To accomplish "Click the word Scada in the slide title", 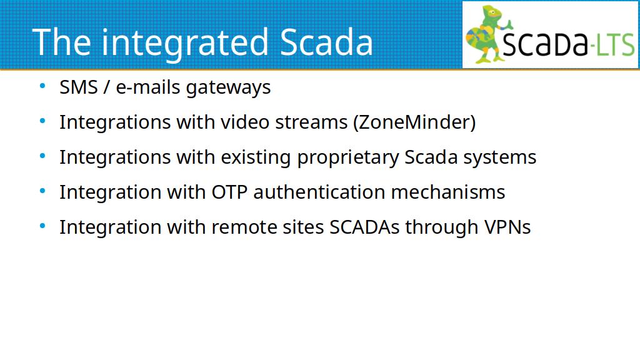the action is [326, 42].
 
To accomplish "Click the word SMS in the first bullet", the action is [79, 87].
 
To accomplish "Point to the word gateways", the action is [228, 88].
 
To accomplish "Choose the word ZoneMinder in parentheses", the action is [414, 122].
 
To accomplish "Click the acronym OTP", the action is [229, 192].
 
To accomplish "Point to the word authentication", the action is [319, 192].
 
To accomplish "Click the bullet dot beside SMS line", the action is [42, 86].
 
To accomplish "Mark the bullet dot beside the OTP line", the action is [42, 191].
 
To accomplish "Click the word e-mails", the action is [148, 87].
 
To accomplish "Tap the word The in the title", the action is [62, 42].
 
